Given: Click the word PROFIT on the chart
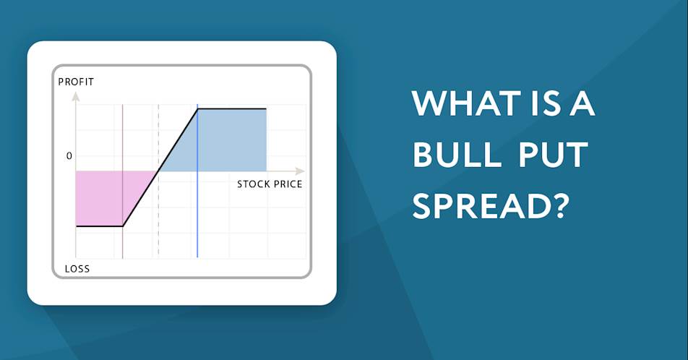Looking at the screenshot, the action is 76,82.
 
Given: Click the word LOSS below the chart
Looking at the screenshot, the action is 77,269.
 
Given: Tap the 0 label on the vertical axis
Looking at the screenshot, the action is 69,156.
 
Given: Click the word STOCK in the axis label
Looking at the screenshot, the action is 253,184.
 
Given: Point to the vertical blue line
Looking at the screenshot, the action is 197,181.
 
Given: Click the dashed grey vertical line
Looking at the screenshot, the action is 158,180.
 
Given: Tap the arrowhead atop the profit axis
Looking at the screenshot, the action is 76,96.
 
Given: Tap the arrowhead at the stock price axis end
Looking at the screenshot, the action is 300,171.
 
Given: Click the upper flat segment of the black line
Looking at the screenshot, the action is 232,108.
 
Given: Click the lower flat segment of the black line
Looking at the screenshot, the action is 99,226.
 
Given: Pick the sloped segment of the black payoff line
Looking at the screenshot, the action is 160,167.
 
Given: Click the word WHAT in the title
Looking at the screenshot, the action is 466,103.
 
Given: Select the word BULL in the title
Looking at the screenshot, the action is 457,155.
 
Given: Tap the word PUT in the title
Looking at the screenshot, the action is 553,155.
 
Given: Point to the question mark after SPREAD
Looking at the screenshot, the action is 558,206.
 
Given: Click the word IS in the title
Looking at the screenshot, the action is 546,103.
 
